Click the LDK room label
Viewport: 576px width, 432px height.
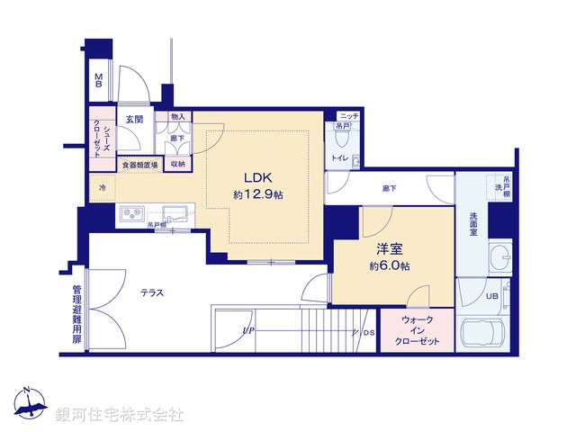257,178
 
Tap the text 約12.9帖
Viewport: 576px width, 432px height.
257,195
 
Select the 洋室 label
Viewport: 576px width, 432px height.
390,249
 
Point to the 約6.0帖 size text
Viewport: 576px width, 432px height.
390,266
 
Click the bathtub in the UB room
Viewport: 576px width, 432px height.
485,337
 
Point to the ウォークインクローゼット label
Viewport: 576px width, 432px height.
410,331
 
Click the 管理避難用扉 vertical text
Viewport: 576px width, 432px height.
76,315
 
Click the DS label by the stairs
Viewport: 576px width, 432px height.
369,333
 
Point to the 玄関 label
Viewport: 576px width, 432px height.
134,119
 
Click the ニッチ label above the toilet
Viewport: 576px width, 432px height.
348,116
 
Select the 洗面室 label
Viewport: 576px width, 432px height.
473,223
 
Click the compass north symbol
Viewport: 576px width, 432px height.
30,404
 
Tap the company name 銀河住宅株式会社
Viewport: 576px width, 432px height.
120,415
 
